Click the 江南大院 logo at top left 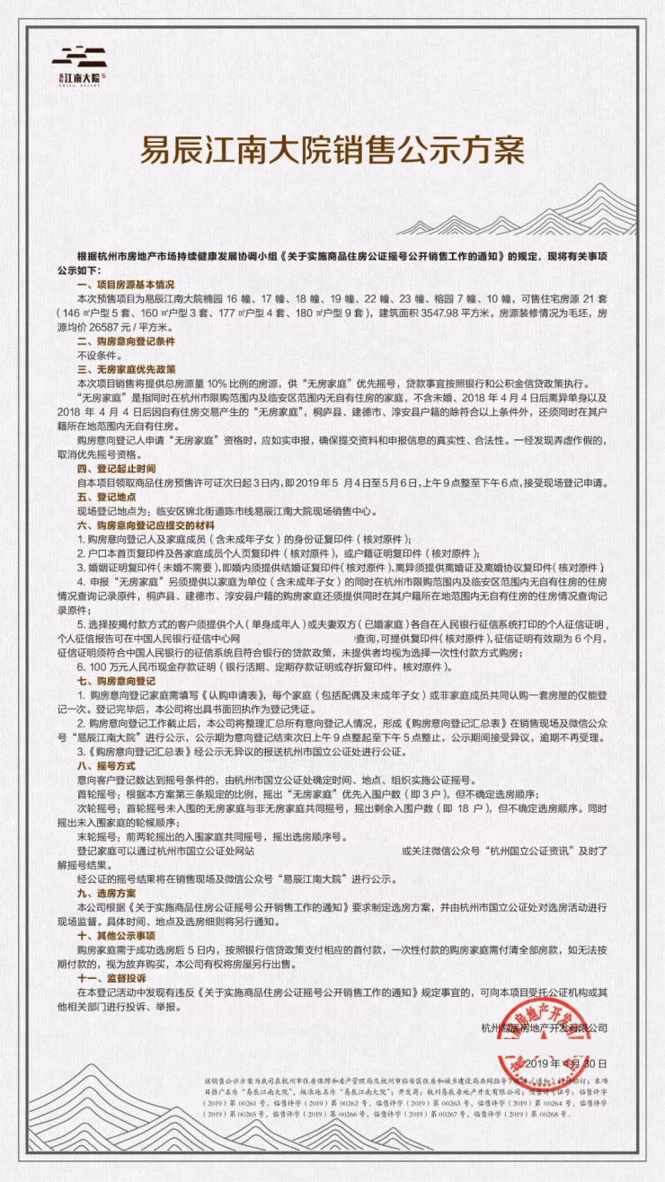pos(79,66)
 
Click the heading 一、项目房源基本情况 pos(126,283)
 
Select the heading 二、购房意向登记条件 pos(126,342)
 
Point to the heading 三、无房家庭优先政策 pos(126,369)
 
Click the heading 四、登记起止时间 pos(117,468)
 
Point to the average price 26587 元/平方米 pos(134,327)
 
